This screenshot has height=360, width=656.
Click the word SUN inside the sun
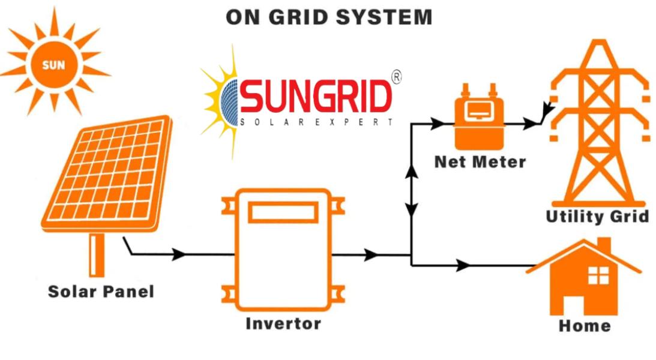click(53, 65)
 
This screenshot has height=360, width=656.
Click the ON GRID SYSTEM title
click(328, 17)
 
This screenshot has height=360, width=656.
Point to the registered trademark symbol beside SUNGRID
click(396, 77)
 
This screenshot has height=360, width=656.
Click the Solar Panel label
click(101, 292)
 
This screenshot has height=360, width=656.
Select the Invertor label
click(283, 323)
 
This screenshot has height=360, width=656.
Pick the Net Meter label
click(480, 162)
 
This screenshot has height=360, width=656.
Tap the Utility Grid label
click(597, 216)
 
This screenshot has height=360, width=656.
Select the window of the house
click(598, 275)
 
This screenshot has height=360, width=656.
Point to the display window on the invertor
click(283, 212)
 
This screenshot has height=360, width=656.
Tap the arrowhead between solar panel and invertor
click(178, 254)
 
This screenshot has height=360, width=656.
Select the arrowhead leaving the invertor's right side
click(372, 254)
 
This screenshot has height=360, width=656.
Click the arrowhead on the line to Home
click(463, 265)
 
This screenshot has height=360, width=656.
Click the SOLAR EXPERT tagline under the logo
click(317, 122)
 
